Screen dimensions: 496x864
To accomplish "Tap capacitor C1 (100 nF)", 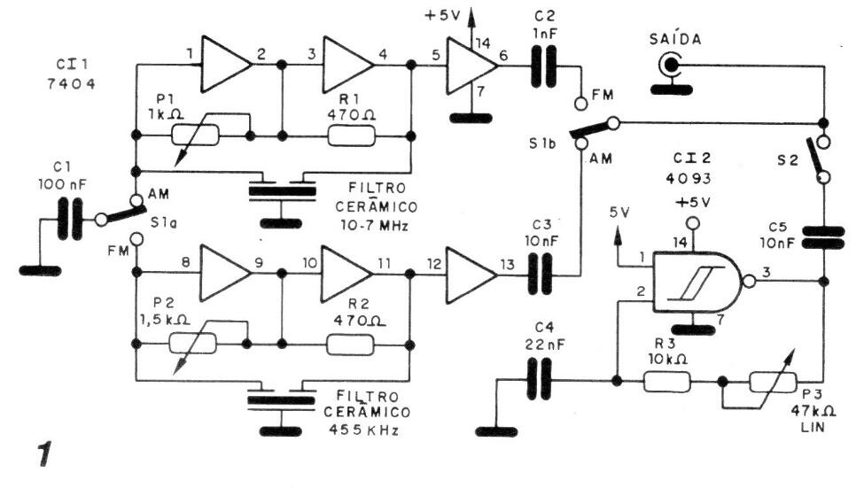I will (x=68, y=219).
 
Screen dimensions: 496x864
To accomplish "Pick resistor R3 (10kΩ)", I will (x=666, y=382).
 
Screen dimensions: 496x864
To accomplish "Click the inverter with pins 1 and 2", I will (x=227, y=64).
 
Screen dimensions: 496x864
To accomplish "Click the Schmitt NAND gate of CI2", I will (x=697, y=283).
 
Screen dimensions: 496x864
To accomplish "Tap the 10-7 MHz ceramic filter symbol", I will (x=283, y=189).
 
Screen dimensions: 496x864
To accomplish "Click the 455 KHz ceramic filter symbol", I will (x=283, y=399).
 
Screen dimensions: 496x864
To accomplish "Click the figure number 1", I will (x=40, y=458).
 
